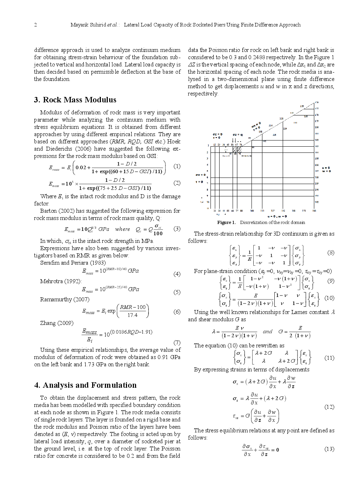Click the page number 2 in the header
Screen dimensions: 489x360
coord(35,25)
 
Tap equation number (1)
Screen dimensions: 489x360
coord(177,166)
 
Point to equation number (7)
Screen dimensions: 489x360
coord(177,342)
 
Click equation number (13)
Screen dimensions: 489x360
coord(329,449)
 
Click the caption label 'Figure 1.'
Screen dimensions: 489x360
coord(226,223)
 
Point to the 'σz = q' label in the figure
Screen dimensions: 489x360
coord(238,135)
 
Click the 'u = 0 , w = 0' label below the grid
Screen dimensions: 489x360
coord(277,216)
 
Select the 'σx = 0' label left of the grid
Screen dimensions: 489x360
coord(200,175)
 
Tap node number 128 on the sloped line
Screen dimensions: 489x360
coord(281,119)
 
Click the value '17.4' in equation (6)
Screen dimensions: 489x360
coord(132,315)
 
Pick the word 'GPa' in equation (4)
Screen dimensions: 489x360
coord(133,271)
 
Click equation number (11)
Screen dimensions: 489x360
coord(329,358)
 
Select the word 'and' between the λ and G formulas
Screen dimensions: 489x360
coord(267,331)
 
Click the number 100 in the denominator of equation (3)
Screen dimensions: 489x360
coord(158,233)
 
